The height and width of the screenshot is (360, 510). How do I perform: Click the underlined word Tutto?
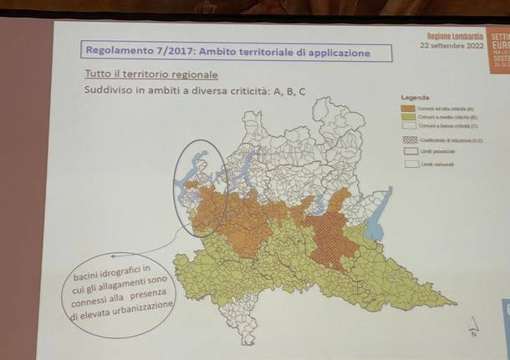[x=97, y=74]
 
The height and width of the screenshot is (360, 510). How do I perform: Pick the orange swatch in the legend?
[x=408, y=108]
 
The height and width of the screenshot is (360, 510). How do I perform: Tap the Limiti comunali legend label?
[x=436, y=165]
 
